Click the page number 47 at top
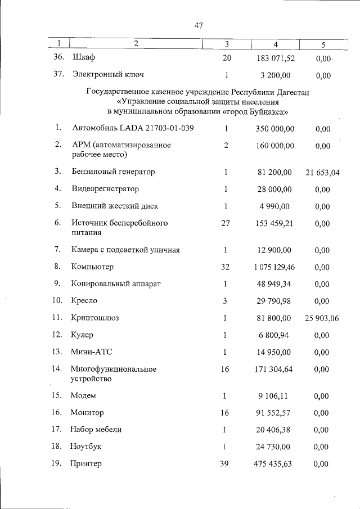[198, 25]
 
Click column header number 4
[275, 43]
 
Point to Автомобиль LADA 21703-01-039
[133, 129]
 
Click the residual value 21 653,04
[322, 172]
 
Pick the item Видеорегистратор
[105, 188]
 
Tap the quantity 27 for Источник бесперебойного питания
[226, 223]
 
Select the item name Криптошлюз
[94, 318]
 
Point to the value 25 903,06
[322, 318]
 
